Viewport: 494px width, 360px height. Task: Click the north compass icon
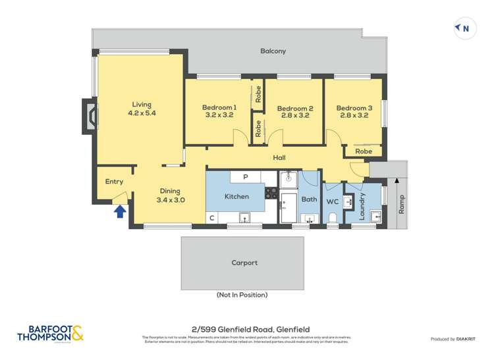[464, 28]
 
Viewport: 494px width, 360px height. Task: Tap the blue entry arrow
[120, 211]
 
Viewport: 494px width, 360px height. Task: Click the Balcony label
[273, 51]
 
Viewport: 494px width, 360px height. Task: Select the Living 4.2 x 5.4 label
[142, 109]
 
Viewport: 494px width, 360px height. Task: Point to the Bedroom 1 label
[219, 111]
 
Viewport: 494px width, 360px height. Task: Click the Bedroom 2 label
[294, 112]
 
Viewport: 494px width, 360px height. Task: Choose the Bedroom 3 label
[354, 111]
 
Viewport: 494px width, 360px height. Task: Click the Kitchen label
[236, 196]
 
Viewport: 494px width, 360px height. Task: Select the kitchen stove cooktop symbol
[271, 193]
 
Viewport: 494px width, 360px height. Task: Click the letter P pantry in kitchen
[245, 177]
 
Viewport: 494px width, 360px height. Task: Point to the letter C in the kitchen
[212, 218]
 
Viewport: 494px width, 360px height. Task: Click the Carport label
[244, 263]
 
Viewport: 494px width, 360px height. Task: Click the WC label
[333, 201]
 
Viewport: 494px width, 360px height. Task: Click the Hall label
[279, 158]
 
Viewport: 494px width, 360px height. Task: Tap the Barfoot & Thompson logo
[50, 333]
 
